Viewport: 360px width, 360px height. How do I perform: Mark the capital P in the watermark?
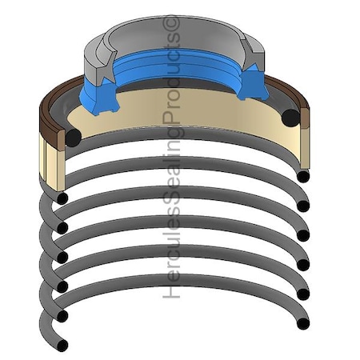point(171,118)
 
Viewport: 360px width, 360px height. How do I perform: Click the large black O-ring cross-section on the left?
point(73,138)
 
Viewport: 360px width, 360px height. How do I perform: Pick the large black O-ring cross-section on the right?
point(290,118)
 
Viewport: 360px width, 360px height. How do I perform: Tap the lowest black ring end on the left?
point(62,345)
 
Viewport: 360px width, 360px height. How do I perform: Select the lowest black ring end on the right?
point(303,323)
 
